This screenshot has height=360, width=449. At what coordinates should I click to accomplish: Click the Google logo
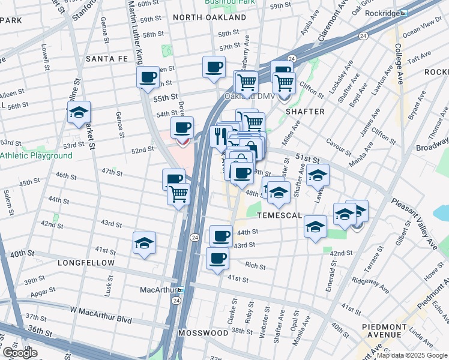click(20, 353)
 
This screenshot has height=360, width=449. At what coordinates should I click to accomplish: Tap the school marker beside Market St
click(79, 112)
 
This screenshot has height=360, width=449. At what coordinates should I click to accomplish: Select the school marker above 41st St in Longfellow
click(144, 242)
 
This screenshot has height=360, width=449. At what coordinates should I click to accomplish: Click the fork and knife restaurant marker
click(219, 136)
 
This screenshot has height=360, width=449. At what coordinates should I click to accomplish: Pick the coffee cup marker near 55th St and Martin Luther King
click(148, 77)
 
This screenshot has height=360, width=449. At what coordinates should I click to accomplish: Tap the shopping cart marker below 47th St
click(179, 194)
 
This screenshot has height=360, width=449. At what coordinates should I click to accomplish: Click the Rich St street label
click(255, 265)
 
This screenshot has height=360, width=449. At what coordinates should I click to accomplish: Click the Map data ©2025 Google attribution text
click(412, 355)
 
